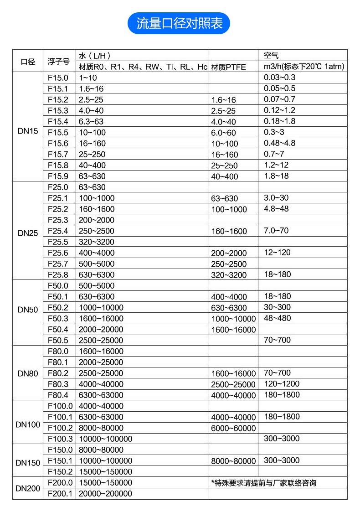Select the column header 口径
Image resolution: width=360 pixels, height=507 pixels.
(x=28, y=62)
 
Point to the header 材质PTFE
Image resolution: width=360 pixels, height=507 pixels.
(x=228, y=67)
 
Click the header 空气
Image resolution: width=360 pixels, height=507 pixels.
(x=271, y=56)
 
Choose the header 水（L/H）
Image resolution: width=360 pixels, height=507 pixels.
(x=95, y=56)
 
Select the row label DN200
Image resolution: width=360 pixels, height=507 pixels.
(x=28, y=488)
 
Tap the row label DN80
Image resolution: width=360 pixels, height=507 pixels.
(x=28, y=373)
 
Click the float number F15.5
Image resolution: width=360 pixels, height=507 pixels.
(x=58, y=132)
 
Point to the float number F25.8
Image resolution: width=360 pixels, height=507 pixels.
(x=58, y=274)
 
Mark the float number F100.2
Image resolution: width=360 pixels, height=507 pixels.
(x=60, y=428)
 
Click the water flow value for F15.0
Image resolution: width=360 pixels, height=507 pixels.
(x=88, y=78)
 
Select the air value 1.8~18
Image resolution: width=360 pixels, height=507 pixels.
(x=276, y=176)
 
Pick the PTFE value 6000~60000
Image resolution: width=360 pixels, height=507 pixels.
(x=233, y=428)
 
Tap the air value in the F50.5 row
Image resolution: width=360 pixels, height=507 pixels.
(x=277, y=340)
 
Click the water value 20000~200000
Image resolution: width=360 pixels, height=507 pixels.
(x=105, y=494)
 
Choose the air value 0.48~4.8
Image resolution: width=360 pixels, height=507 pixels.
(x=279, y=143)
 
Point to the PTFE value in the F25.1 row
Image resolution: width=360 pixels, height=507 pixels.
(x=224, y=198)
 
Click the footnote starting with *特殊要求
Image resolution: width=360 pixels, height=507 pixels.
(x=263, y=483)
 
